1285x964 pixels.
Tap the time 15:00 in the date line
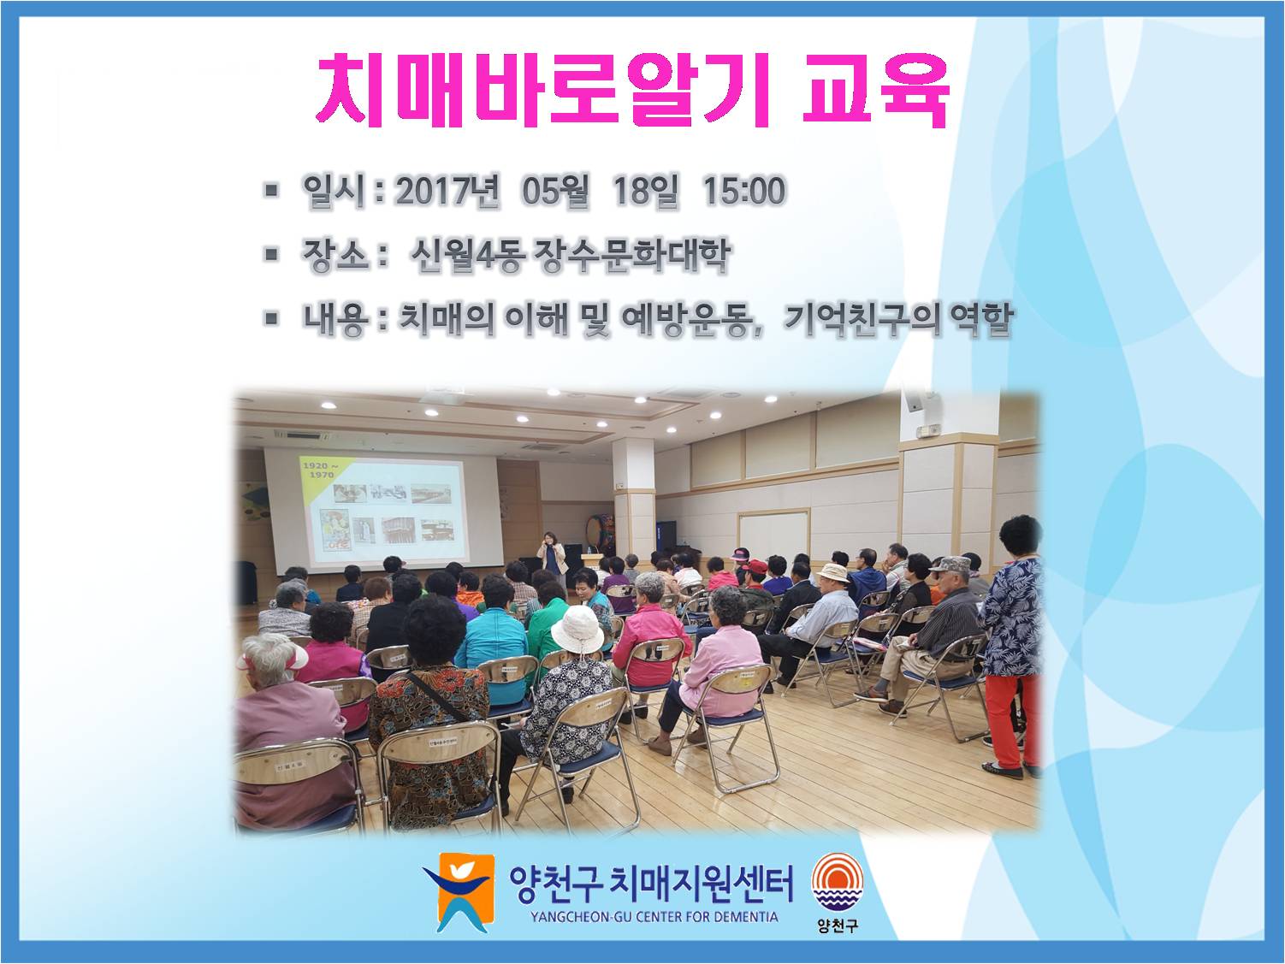click(x=743, y=191)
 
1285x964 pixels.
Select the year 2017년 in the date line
click(x=447, y=191)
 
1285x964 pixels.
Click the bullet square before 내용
click(x=271, y=318)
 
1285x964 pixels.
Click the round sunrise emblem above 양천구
click(x=838, y=883)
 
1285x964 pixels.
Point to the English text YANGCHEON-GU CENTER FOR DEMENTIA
click(x=655, y=917)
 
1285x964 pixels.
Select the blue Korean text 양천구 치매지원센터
click(x=651, y=884)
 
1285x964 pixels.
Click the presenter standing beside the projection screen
click(x=552, y=559)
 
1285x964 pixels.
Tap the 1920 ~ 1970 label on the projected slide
click(x=320, y=470)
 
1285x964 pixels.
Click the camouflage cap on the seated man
click(x=950, y=565)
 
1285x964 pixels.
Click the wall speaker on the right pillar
click(x=914, y=399)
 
